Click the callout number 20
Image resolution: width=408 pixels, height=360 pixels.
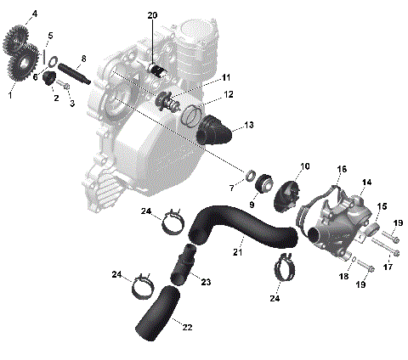(152, 15)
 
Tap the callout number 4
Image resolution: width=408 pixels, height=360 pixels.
(34, 14)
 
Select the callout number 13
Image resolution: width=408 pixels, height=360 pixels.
(249, 125)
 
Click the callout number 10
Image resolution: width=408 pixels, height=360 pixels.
(305, 166)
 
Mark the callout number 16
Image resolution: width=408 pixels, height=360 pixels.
(342, 169)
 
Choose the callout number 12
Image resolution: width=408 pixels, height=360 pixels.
(229, 94)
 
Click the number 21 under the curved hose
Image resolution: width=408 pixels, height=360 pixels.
(238, 252)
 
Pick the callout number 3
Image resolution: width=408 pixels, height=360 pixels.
(72, 104)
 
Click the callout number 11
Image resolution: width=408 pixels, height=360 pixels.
(226, 77)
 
